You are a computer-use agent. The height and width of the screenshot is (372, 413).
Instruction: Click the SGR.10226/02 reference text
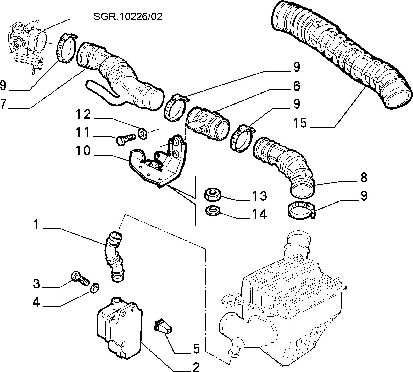pyautogui.click(x=128, y=17)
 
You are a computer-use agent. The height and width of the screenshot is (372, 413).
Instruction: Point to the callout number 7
pyautogui.click(x=3, y=104)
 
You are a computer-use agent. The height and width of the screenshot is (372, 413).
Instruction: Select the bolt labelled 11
pyautogui.click(x=126, y=139)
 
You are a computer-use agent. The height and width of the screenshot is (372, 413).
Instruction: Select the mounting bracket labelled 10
pyautogui.click(x=157, y=160)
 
